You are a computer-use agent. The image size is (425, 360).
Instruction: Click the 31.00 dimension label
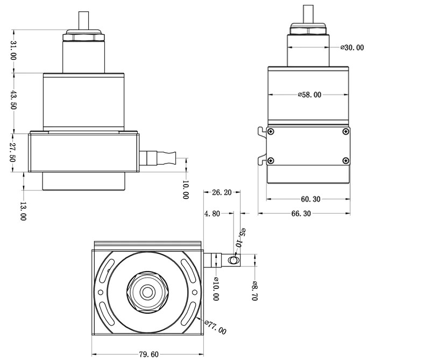click(x=14, y=51)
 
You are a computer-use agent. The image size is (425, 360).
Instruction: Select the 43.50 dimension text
click(x=14, y=100)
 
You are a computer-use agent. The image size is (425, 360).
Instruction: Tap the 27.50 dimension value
click(x=14, y=153)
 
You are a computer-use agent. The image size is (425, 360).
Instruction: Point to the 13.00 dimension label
click(x=23, y=211)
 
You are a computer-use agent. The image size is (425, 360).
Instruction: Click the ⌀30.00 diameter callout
click(x=352, y=47)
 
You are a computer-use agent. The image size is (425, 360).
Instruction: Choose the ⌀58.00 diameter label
click(x=309, y=95)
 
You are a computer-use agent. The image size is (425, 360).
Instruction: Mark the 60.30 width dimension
click(x=310, y=199)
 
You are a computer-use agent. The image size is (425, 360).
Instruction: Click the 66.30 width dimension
click(x=301, y=214)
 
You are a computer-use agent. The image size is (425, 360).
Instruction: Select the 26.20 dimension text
click(x=222, y=192)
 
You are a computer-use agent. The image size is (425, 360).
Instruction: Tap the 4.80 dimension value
click(x=212, y=213)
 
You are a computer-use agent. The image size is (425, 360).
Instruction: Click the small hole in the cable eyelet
click(x=233, y=260)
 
